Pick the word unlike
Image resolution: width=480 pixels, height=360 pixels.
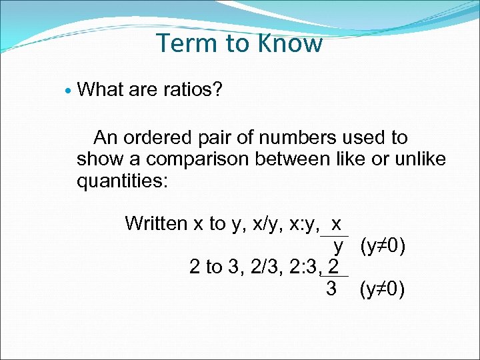coord(418,159)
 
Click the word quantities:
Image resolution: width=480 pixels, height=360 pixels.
coord(123,181)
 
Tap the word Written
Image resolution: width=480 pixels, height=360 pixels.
coord(156,223)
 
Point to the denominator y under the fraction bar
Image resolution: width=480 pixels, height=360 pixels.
coord(339,247)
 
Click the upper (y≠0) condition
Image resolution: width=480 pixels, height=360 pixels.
coord(382,247)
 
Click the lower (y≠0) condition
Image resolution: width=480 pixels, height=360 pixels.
coord(381,290)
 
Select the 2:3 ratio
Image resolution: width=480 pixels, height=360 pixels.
coord(303,267)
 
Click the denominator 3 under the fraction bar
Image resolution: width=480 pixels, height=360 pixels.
coord(331,289)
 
